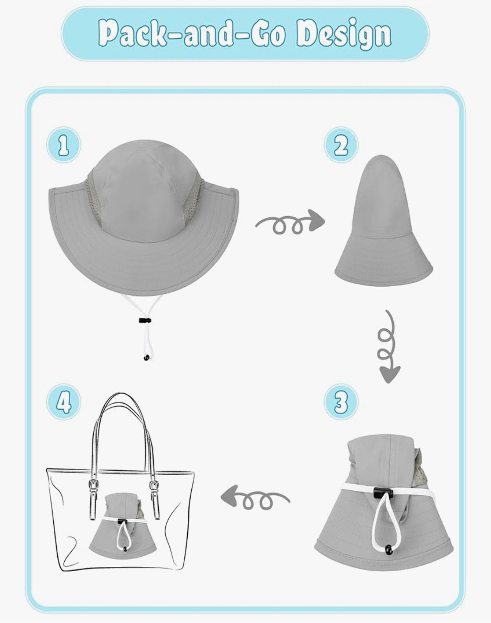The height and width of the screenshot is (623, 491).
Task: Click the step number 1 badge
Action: coord(64,145)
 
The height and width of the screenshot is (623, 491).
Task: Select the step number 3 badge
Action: coord(341,401)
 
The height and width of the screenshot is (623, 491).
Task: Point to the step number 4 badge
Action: coord(64,401)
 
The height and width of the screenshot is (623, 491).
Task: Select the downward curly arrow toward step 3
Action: coord(387,347)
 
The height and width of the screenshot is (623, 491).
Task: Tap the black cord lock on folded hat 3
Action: coord(381,492)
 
